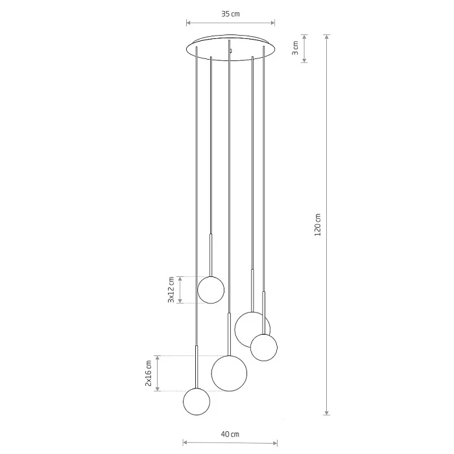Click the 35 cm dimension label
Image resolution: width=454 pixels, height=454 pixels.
point(230,14)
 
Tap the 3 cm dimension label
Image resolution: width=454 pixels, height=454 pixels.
point(295,48)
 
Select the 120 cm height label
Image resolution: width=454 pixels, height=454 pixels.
point(318,224)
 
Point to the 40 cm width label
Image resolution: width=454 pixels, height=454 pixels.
point(230,434)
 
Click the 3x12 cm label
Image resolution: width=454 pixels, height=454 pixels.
point(171,290)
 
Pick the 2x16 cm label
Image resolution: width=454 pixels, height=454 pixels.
point(149,374)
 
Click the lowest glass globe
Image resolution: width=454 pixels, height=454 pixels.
point(197,401)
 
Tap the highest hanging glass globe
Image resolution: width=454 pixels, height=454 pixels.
point(211,290)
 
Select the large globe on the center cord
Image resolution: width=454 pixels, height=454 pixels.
point(230,374)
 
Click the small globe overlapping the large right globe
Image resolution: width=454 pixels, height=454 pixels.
point(264,348)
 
